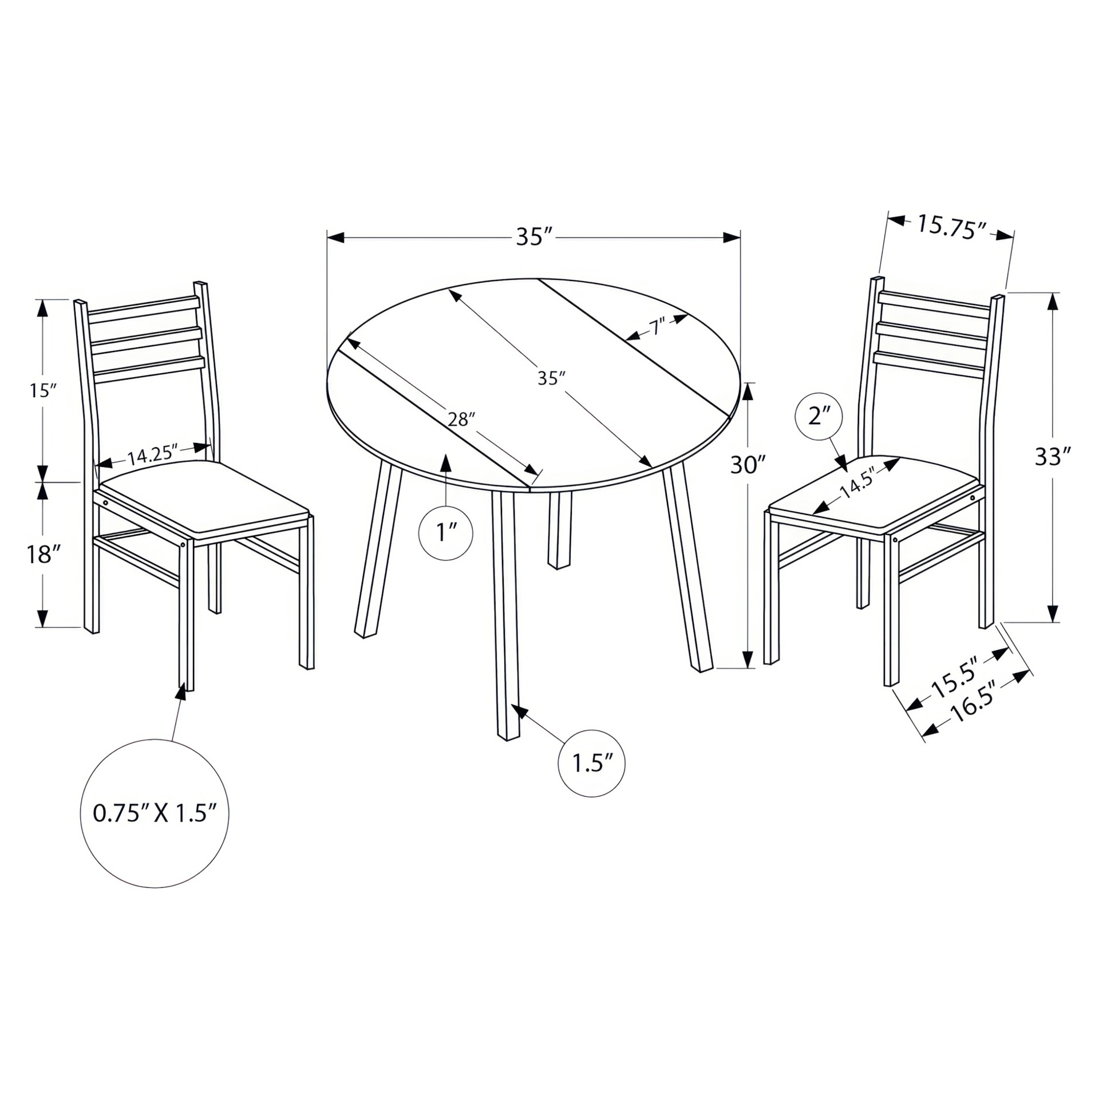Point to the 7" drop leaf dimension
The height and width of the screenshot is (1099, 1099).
655,328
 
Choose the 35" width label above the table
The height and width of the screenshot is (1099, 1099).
534,236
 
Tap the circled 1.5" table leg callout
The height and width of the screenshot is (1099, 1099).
591,764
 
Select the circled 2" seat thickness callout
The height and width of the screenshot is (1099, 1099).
819,416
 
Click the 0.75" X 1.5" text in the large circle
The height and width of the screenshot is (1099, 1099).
155,813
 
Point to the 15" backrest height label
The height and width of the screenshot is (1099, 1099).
44,391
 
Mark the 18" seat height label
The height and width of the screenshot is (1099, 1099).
43,554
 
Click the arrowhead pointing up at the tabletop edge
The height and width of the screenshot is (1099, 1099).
446,462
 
